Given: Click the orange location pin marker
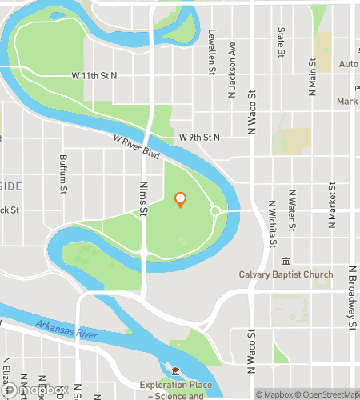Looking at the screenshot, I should pyautogui.click(x=181, y=200).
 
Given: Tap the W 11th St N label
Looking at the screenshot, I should pyautogui.click(x=94, y=75).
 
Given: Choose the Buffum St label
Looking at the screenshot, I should pyautogui.click(x=62, y=173).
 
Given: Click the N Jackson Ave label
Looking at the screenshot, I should pyautogui.click(x=233, y=61).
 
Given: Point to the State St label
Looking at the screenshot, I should pyautogui.click(x=281, y=43).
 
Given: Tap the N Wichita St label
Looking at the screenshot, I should pyautogui.click(x=273, y=224).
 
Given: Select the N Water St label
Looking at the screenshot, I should pyautogui.click(x=293, y=210).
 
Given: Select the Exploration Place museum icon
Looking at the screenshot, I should pyautogui.click(x=176, y=371).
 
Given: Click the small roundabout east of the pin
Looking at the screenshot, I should pyautogui.click(x=215, y=211).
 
